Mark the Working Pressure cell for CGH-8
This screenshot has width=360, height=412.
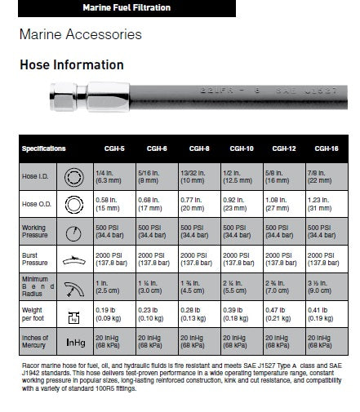pyautogui.click(x=198, y=232)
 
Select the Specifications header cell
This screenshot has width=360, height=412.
pyautogui.click(x=44, y=148)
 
